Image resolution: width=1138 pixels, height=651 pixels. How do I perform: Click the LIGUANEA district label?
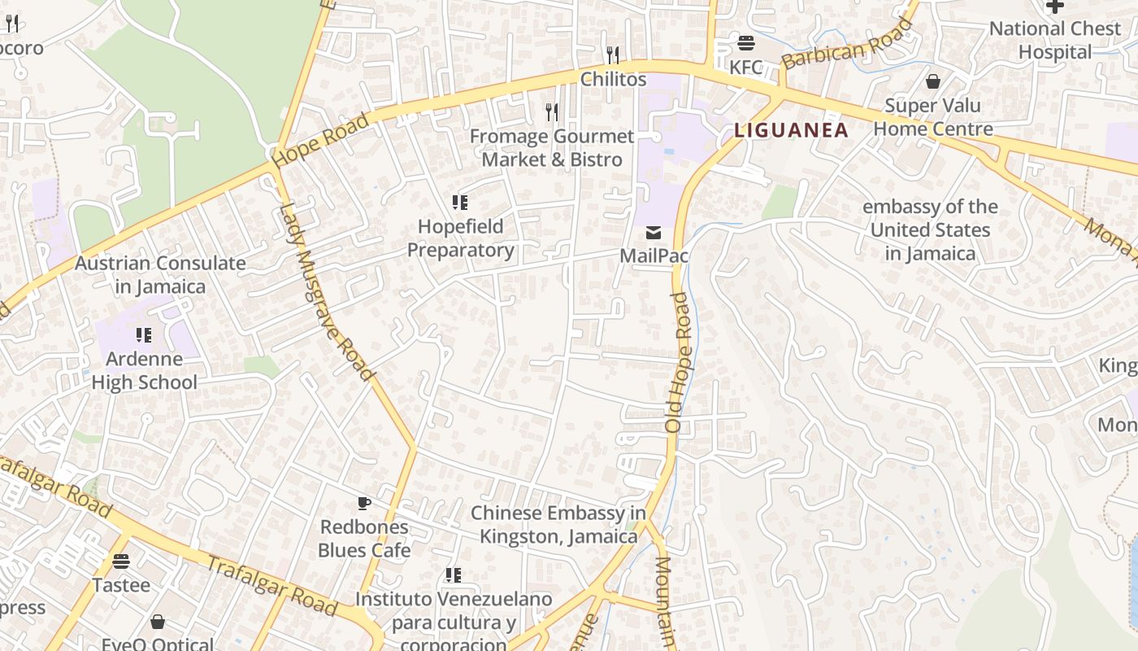coord(791,130)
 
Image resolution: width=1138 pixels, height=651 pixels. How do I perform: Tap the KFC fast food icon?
coord(745,43)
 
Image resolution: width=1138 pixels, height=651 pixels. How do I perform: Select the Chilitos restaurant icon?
coord(613,55)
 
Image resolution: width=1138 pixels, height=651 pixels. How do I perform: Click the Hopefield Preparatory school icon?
coord(460,202)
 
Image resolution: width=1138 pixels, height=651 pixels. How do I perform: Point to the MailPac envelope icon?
coord(654,233)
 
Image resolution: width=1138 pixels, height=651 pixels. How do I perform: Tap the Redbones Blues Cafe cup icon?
coord(363,503)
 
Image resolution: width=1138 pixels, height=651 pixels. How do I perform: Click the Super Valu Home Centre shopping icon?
coord(933,81)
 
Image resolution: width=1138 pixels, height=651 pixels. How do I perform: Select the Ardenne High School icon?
coord(144,334)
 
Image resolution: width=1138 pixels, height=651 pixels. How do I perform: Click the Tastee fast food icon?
coord(121,561)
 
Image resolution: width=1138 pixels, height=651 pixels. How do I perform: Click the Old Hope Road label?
coord(677,362)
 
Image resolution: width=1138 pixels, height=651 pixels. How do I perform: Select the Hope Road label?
coord(321,140)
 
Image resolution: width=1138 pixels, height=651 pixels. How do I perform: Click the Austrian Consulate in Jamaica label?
coord(160,275)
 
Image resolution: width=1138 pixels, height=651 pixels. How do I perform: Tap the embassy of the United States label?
coord(930,230)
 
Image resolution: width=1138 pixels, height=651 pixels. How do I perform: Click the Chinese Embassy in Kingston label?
coord(558,525)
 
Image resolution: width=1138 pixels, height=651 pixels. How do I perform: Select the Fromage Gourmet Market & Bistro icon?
coord(552,111)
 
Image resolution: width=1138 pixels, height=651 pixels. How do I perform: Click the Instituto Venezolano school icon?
coord(454,575)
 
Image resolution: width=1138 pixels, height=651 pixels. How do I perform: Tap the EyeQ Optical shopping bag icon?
coord(158,623)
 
